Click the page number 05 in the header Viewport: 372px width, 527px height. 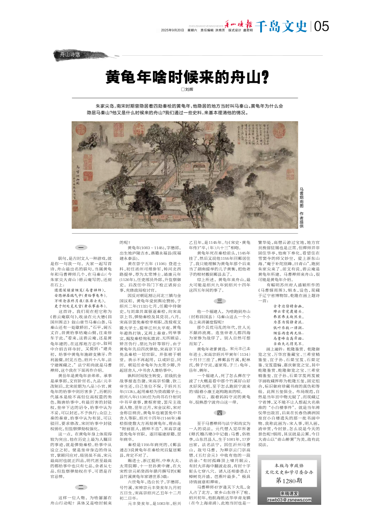pos(322,27)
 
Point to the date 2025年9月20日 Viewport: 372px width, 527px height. pos(172,31)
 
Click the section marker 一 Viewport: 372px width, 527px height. pos(81,247)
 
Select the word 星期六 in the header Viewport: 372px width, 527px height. pos(192,31)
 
